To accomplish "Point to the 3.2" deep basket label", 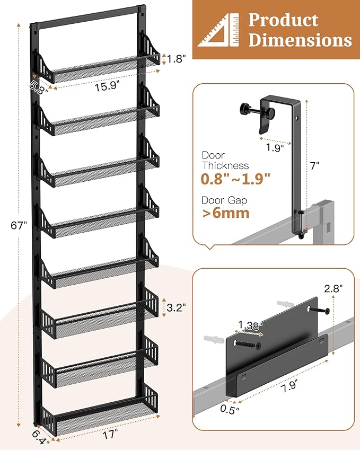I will (176, 307).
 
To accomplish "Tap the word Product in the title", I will (283, 20).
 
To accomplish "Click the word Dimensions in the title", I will (300, 40).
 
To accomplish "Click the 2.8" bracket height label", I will (334, 288).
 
